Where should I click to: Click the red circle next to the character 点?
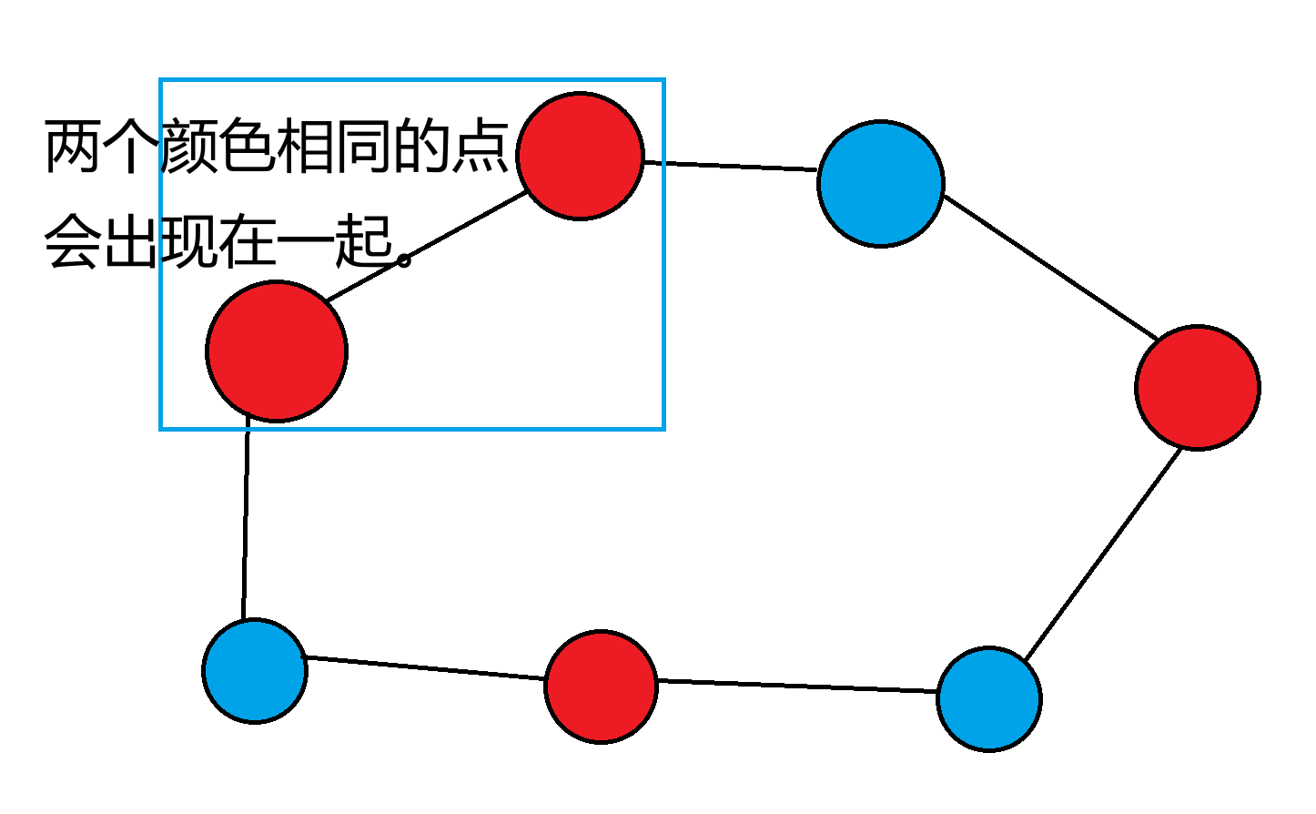581,156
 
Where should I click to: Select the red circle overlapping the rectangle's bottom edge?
277,351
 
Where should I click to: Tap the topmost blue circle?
881,183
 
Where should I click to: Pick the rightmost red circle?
1198,387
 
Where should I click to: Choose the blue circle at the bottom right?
989,698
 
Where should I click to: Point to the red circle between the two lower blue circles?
601,686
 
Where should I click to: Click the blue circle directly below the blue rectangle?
255,671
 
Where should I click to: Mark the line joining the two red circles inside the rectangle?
426,246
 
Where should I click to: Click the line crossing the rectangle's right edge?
728,166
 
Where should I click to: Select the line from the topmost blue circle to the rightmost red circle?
1050,267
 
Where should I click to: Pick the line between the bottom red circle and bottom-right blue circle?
796,687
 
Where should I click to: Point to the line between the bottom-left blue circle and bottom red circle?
425,667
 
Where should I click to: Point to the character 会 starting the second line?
73,241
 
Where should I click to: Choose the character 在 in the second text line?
247,241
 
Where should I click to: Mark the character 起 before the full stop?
363,241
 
